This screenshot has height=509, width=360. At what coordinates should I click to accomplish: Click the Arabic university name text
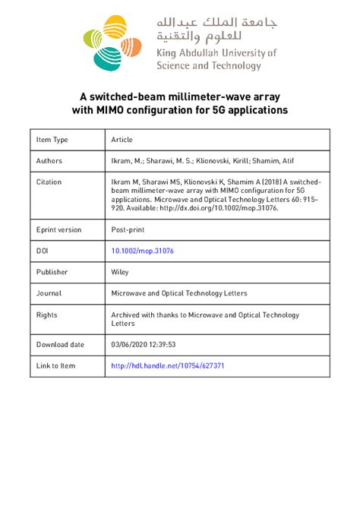pyautogui.click(x=216, y=28)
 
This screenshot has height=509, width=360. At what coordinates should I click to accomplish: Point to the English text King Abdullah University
pyautogui.click(x=216, y=53)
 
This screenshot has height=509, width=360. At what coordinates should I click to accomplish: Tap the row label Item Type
pyautogui.click(x=52, y=140)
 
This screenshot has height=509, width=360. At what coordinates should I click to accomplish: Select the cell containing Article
pyautogui.click(x=122, y=140)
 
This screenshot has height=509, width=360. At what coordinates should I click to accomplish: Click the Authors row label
pyautogui.click(x=49, y=161)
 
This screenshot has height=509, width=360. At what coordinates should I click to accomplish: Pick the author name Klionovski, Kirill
pyautogui.click(x=216, y=161)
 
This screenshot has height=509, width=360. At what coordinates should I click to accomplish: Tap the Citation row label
pyautogui.click(x=49, y=182)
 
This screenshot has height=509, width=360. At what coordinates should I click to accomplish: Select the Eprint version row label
pyautogui.click(x=59, y=229)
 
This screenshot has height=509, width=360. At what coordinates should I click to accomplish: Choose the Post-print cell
pyautogui.click(x=127, y=229)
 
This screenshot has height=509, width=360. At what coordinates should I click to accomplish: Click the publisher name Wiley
pyautogui.click(x=121, y=271)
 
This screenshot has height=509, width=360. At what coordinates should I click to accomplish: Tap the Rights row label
pyautogui.click(x=47, y=314)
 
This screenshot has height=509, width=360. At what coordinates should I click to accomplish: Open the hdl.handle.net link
pyautogui.click(x=167, y=365)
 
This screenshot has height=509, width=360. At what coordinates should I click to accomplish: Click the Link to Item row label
pyautogui.click(x=56, y=365)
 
